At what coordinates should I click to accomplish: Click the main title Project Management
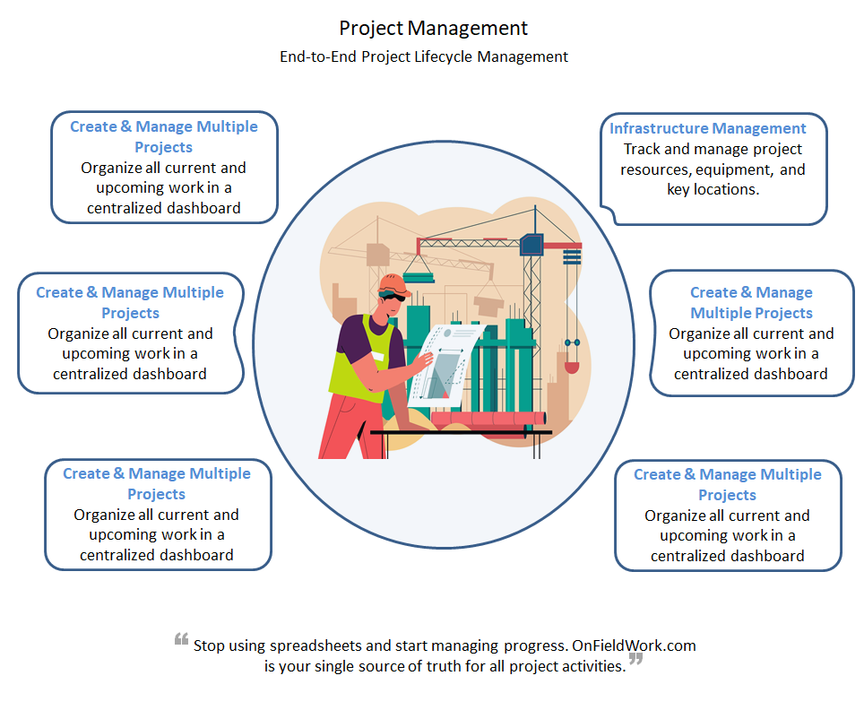433,29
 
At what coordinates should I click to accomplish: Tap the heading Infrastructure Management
708,128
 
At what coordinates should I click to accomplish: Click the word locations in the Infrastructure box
726,190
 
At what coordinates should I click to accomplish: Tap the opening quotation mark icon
181,641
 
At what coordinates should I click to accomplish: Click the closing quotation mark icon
636,661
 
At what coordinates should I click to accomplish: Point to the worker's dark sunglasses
391,297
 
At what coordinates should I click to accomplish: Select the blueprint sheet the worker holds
439,362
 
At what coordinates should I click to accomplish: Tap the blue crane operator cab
531,243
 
